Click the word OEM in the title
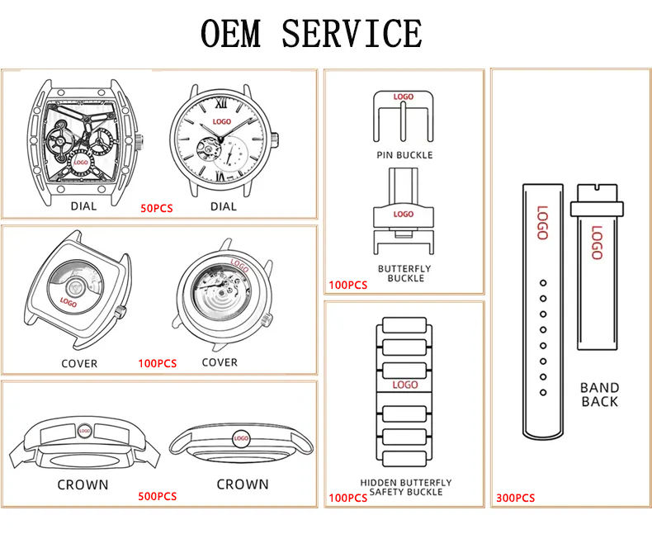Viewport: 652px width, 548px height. [x=231, y=33]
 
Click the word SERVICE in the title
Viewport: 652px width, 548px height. [x=352, y=33]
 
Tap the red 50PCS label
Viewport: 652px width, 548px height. [x=157, y=209]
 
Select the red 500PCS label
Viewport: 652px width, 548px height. [x=157, y=496]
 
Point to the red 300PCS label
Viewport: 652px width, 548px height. [x=515, y=498]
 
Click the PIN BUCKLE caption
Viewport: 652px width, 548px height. [x=404, y=155]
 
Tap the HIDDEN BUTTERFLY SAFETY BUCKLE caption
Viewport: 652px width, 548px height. [x=406, y=487]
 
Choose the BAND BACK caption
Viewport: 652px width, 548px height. [x=600, y=394]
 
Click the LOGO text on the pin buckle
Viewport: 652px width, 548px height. [x=404, y=97]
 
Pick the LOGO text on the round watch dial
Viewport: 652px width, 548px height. [x=222, y=122]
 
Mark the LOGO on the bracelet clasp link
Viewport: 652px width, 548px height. [x=405, y=385]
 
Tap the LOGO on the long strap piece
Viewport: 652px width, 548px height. [x=542, y=222]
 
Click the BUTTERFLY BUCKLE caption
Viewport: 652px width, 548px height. [x=404, y=273]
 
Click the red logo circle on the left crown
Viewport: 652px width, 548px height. [x=83, y=430]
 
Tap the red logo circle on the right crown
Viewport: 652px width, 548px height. [x=242, y=438]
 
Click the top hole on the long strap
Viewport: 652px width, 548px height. [x=543, y=283]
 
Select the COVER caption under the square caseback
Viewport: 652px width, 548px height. [x=79, y=363]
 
